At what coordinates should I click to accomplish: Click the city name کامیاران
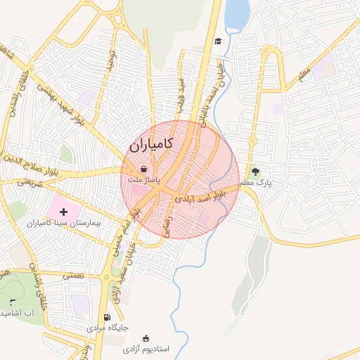coord(151,146)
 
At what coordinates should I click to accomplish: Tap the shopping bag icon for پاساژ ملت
coord(143,169)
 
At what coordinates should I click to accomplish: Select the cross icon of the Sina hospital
coord(63,210)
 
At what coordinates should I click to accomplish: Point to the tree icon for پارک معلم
coord(255,171)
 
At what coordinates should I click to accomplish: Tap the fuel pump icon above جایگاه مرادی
coord(107,316)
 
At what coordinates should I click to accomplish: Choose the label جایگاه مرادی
coord(108,328)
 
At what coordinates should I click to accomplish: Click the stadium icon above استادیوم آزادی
coord(146,338)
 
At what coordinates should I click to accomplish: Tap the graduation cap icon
coord(218,41)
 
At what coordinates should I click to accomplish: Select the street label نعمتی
coord(72,275)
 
